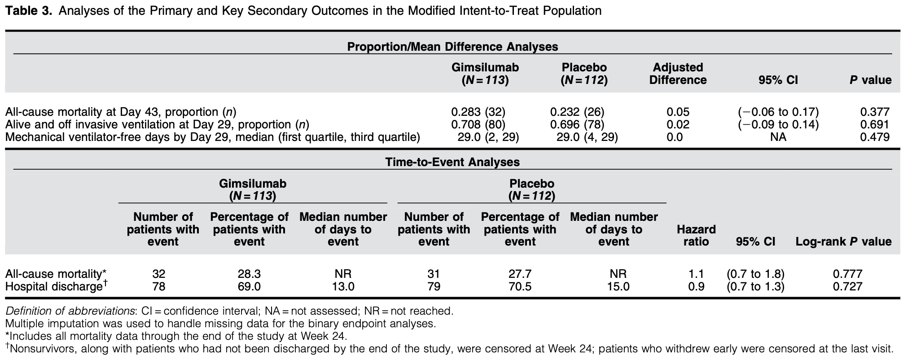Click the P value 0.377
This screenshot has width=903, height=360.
(x=875, y=112)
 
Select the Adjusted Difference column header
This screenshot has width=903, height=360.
(x=678, y=74)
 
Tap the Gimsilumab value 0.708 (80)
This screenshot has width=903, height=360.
(x=478, y=124)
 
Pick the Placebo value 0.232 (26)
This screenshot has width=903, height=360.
(x=577, y=112)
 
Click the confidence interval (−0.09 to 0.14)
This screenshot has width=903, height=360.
(x=778, y=124)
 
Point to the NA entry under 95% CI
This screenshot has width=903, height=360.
(x=778, y=137)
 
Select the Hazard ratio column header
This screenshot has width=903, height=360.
(x=696, y=236)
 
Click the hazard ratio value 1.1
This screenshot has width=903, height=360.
(x=696, y=274)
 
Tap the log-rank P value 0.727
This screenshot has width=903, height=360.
(x=848, y=286)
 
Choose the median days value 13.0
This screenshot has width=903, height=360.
(x=343, y=286)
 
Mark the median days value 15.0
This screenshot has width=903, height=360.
(x=618, y=286)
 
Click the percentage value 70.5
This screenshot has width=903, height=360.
(x=520, y=286)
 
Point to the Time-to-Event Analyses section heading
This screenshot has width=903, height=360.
(x=452, y=162)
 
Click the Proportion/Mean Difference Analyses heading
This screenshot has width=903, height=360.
(x=452, y=47)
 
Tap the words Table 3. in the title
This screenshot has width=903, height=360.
(x=29, y=11)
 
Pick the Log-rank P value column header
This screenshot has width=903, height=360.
(x=844, y=241)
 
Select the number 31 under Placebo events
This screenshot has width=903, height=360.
(x=434, y=274)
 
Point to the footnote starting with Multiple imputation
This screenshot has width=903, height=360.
(x=220, y=323)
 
